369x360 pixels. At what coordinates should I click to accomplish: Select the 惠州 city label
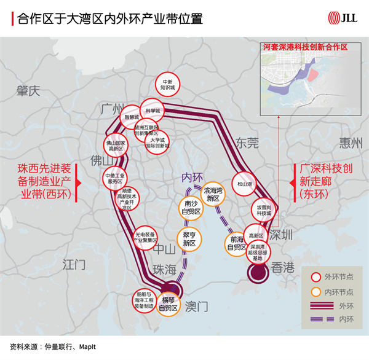coord(351,143)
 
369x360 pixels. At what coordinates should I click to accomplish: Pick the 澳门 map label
coord(197,305)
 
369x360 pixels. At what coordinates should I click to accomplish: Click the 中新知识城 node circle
coord(167,84)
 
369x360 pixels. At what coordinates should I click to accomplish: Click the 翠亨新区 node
coord(189,240)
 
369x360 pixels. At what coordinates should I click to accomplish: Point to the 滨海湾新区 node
coord(213,195)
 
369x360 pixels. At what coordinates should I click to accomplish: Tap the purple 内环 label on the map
coord(192,177)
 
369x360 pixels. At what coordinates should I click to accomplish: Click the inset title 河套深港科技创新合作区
coord(304,47)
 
